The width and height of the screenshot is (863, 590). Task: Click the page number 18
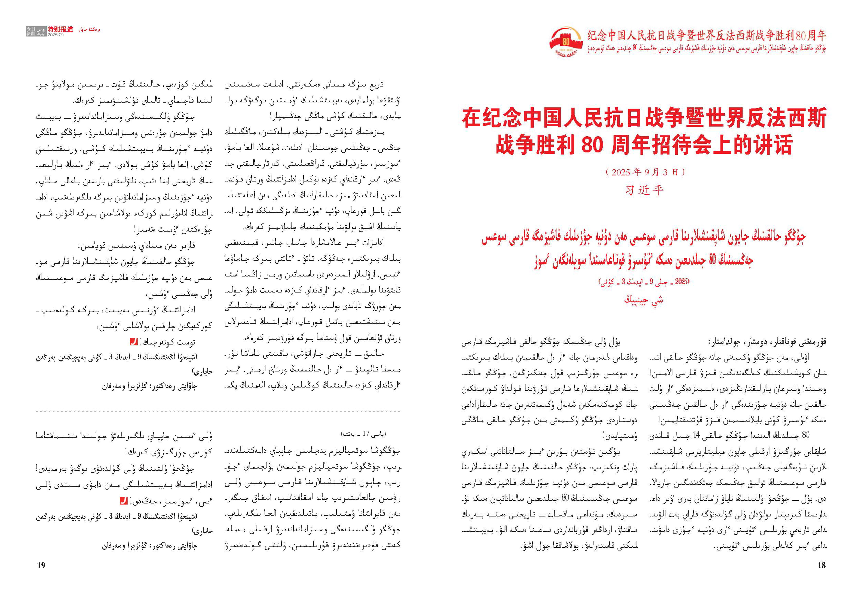[821, 565]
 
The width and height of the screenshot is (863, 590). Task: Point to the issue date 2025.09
[56, 35]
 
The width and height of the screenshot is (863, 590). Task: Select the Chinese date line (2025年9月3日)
[644, 172]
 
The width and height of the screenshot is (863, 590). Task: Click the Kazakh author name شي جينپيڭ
[644, 299]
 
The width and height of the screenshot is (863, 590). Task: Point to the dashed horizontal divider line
[218, 411]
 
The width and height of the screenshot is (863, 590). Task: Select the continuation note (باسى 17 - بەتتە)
[364, 434]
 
